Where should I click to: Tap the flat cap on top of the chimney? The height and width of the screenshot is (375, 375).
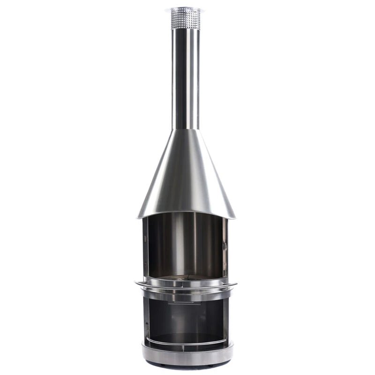185,9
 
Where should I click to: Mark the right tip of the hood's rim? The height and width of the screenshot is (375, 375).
235,217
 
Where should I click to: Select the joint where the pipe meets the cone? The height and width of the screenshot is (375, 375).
185,129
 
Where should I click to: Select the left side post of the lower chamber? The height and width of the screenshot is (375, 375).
146,319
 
